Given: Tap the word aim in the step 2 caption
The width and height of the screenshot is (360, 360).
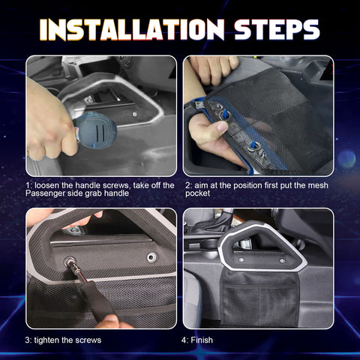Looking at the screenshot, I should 205,184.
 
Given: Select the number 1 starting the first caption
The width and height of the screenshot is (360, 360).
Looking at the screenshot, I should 28,184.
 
